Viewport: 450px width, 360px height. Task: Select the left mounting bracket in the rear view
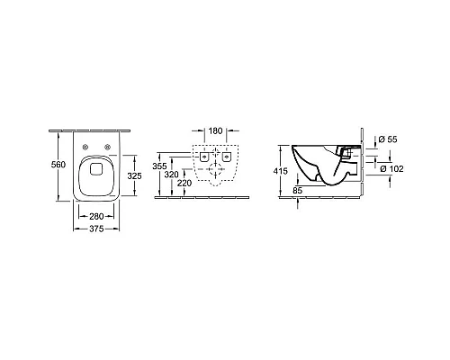[204, 157]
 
